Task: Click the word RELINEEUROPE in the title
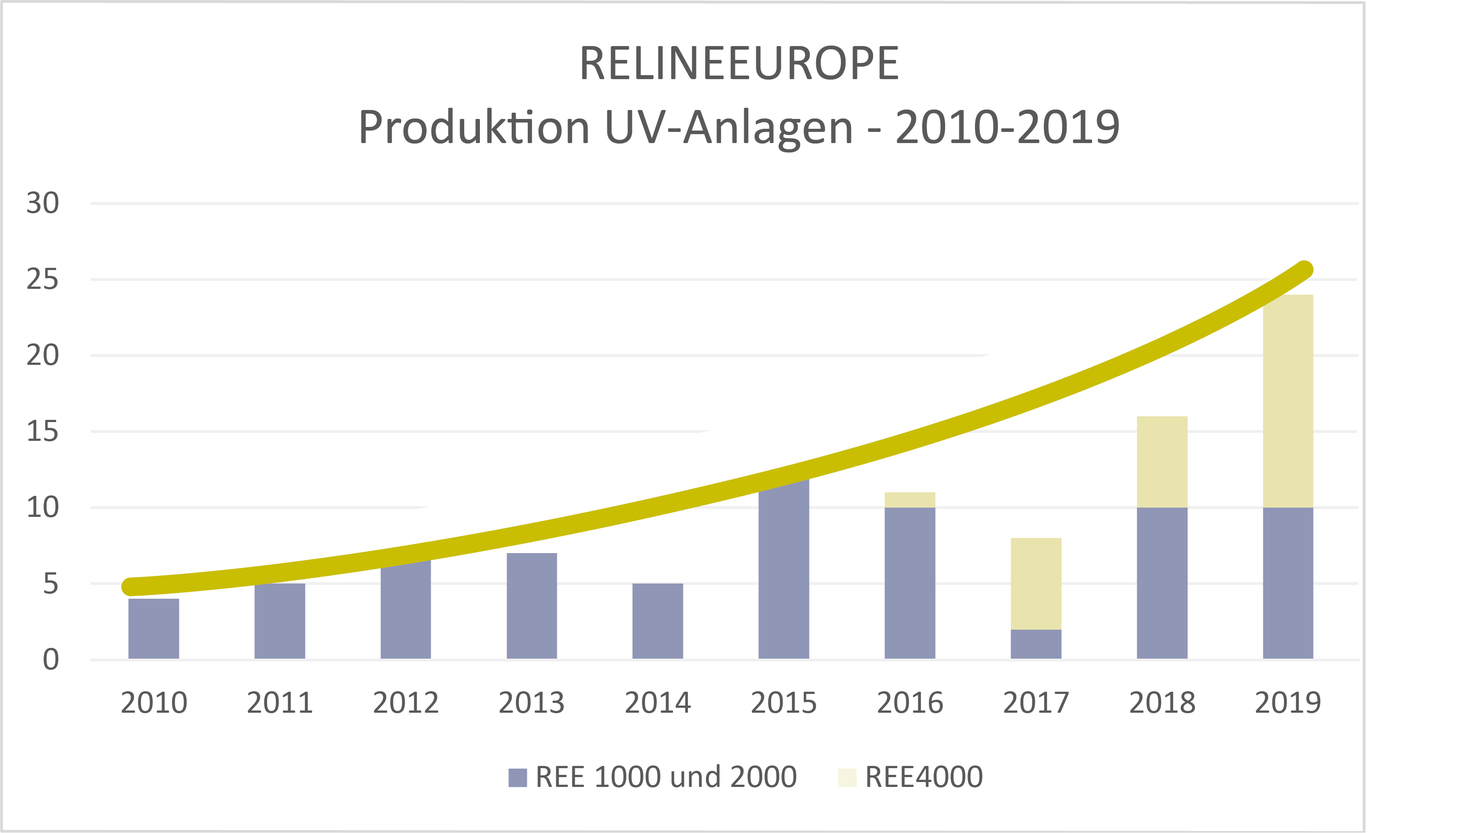(738, 64)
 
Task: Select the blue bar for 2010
(153, 629)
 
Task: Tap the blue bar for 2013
(532, 606)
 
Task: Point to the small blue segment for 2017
(1036, 644)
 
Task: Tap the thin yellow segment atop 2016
(909, 499)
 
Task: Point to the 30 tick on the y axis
(42, 203)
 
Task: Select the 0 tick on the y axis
(51, 660)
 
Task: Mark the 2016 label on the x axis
(909, 703)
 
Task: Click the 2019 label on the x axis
(1288, 703)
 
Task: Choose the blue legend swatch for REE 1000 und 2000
(517, 777)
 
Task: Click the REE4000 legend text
(924, 777)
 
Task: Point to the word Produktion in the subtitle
(474, 127)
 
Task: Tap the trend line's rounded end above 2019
(1305, 270)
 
